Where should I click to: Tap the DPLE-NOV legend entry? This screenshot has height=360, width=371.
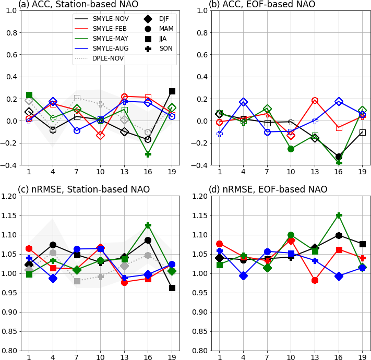point(108,58)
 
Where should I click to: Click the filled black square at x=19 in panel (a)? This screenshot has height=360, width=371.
point(172,91)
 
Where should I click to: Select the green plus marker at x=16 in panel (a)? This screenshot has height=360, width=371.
point(148,154)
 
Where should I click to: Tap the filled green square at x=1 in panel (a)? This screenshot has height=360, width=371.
point(29,95)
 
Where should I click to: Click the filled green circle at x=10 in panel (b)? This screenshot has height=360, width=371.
point(291,149)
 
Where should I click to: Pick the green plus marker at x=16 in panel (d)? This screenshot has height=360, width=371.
point(339,215)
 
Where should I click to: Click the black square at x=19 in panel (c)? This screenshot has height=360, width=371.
point(172,288)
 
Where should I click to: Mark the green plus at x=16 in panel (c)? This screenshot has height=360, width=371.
point(148,225)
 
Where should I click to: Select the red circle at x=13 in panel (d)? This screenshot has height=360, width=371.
point(315,280)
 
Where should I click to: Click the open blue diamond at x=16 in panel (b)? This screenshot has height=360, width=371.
point(339,102)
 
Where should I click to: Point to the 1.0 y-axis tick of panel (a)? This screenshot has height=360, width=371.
point(11,10)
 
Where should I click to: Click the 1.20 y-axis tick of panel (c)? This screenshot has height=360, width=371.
point(10,196)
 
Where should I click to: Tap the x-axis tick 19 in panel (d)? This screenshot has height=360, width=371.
point(363,358)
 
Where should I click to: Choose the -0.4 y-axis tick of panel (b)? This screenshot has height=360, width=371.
point(200,165)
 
